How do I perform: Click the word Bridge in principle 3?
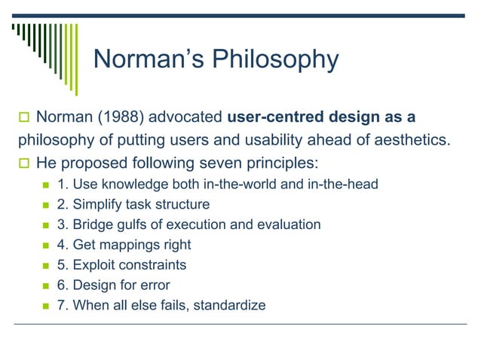click(90, 224)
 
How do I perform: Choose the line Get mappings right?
click(124, 245)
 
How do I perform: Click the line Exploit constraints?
click(122, 265)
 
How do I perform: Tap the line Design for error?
click(115, 285)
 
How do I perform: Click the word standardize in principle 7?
click(230, 306)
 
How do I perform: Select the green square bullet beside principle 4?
click(44, 246)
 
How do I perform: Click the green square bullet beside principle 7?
click(44, 307)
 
